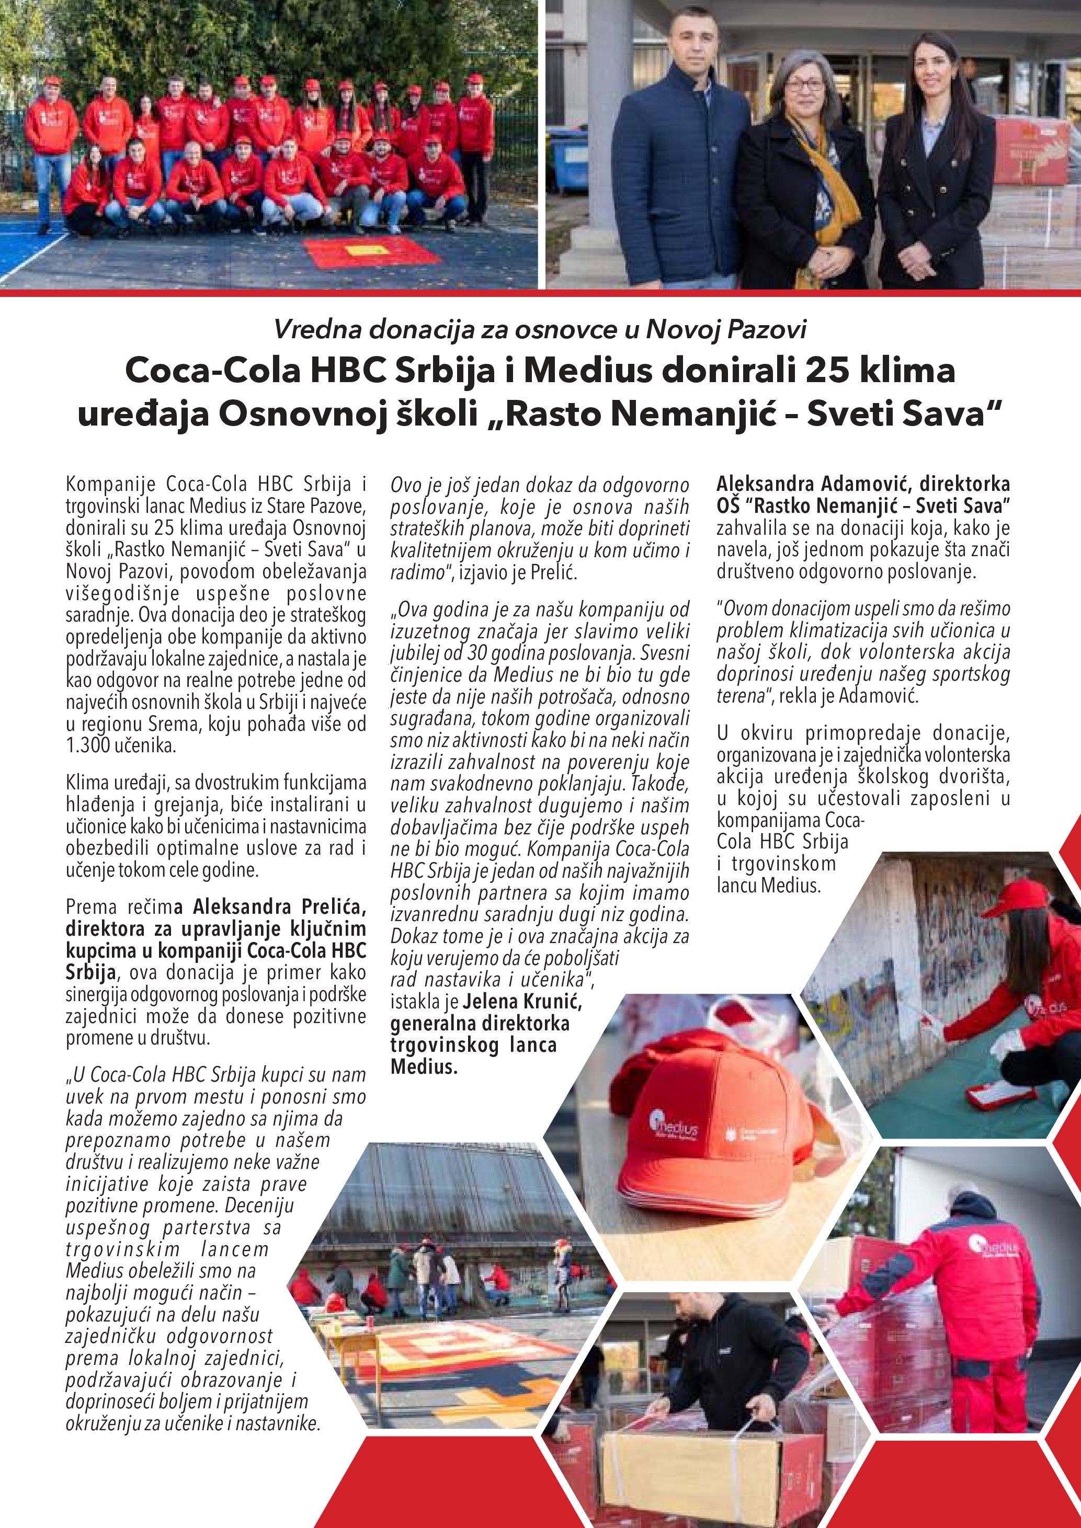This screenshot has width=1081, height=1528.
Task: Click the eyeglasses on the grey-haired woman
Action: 805,85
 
